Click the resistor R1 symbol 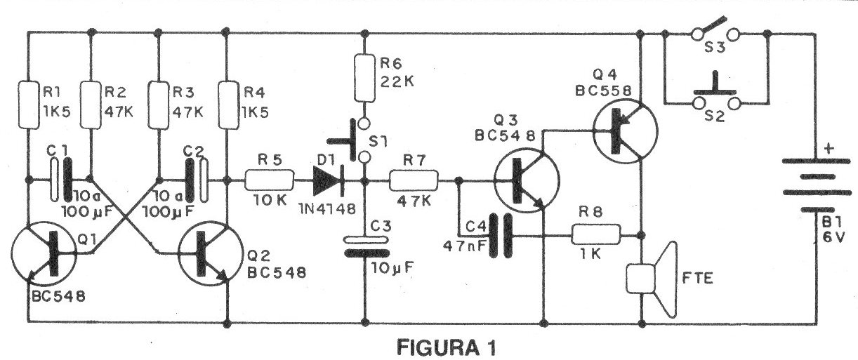29,105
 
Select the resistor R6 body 364,78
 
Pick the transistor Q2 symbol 211,253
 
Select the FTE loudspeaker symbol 651,279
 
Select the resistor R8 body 595,234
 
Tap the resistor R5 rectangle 270,180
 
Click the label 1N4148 327,209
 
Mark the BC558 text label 603,91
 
